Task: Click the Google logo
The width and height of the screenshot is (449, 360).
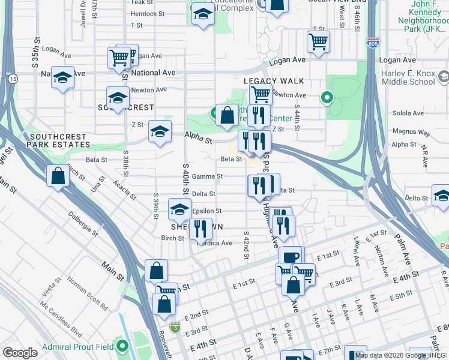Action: pyautogui.click(x=20, y=353)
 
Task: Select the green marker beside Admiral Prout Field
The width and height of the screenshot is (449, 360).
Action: pyautogui.click(x=123, y=346)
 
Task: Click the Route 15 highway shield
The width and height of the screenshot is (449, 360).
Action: pyautogui.click(x=13, y=79)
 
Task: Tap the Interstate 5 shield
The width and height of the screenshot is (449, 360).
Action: pyautogui.click(x=175, y=328)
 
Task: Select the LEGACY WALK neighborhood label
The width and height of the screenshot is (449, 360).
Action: pyautogui.click(x=273, y=81)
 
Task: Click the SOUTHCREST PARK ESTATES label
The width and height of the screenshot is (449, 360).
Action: pyautogui.click(x=59, y=142)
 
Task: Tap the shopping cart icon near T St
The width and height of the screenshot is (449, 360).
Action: pyautogui.click(x=318, y=41)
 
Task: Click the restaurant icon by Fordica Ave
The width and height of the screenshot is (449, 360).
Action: pyautogui.click(x=200, y=229)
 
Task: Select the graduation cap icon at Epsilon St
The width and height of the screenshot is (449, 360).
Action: pyautogui.click(x=179, y=209)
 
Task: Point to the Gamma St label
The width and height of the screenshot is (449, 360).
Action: pyautogui.click(x=211, y=176)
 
